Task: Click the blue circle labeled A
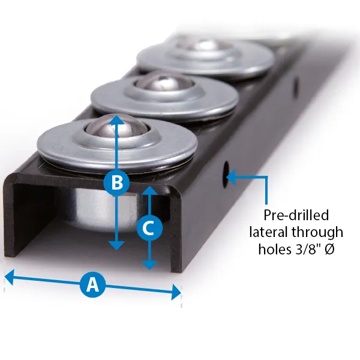92,285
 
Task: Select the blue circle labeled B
118,182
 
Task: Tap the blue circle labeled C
149,228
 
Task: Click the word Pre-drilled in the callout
296,215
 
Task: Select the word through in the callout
320,232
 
